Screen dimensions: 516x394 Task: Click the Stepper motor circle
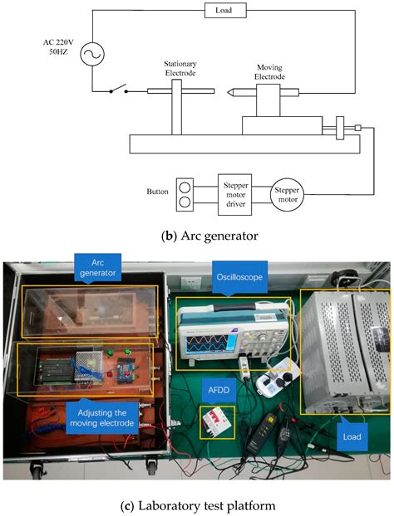click(x=287, y=195)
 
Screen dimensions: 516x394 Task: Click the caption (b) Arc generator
click(x=196, y=236)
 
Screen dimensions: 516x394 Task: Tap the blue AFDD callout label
click(x=215, y=387)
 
